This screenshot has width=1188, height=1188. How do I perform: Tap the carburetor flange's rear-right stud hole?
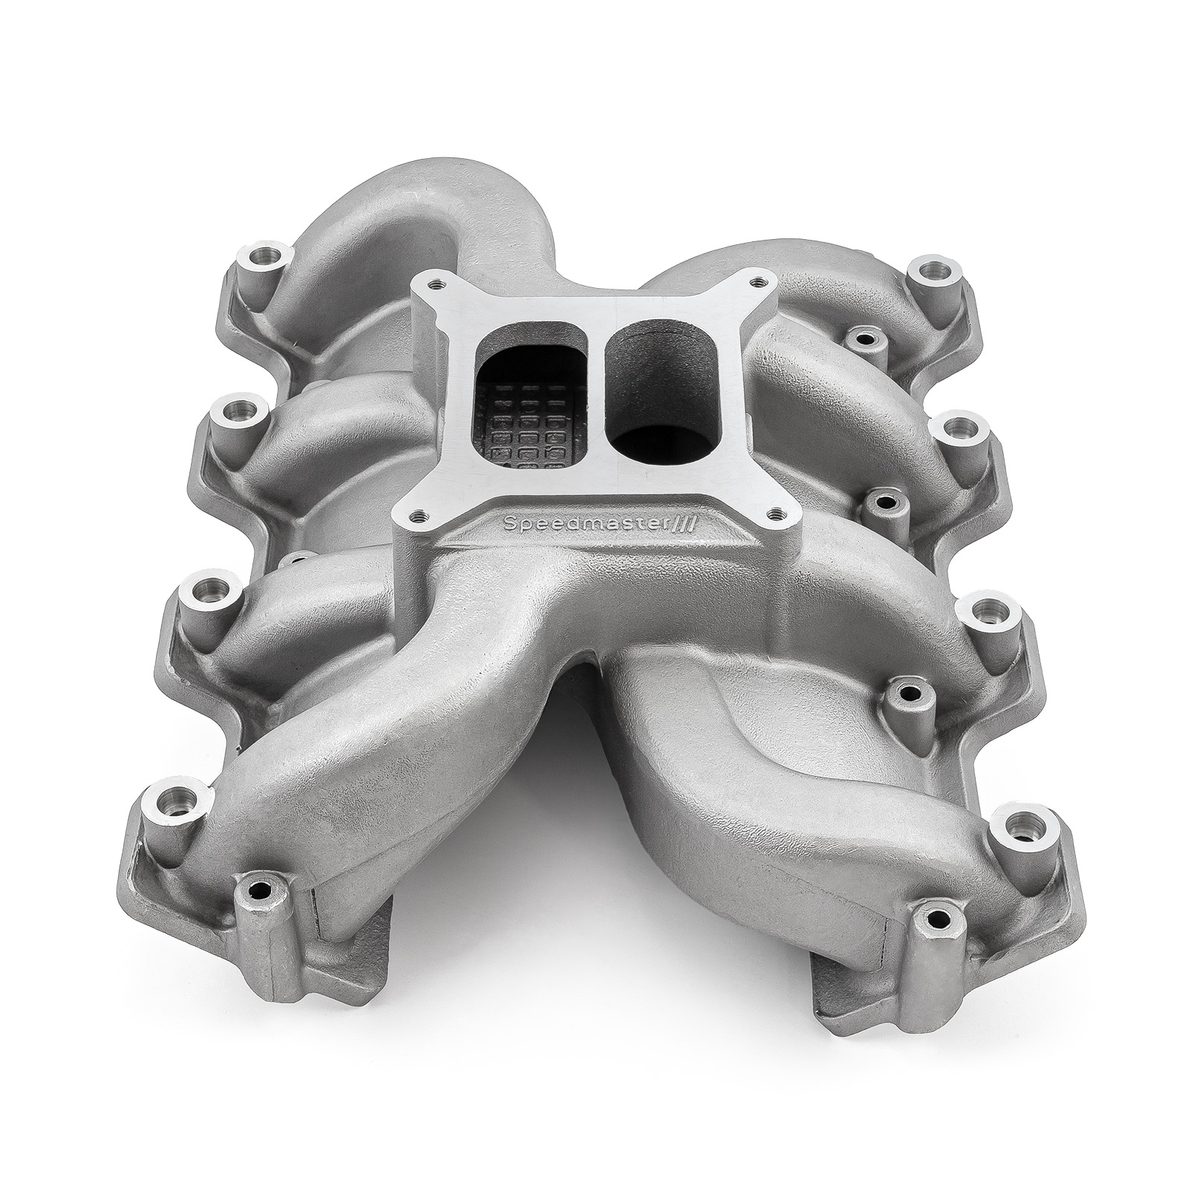point(757,281)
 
